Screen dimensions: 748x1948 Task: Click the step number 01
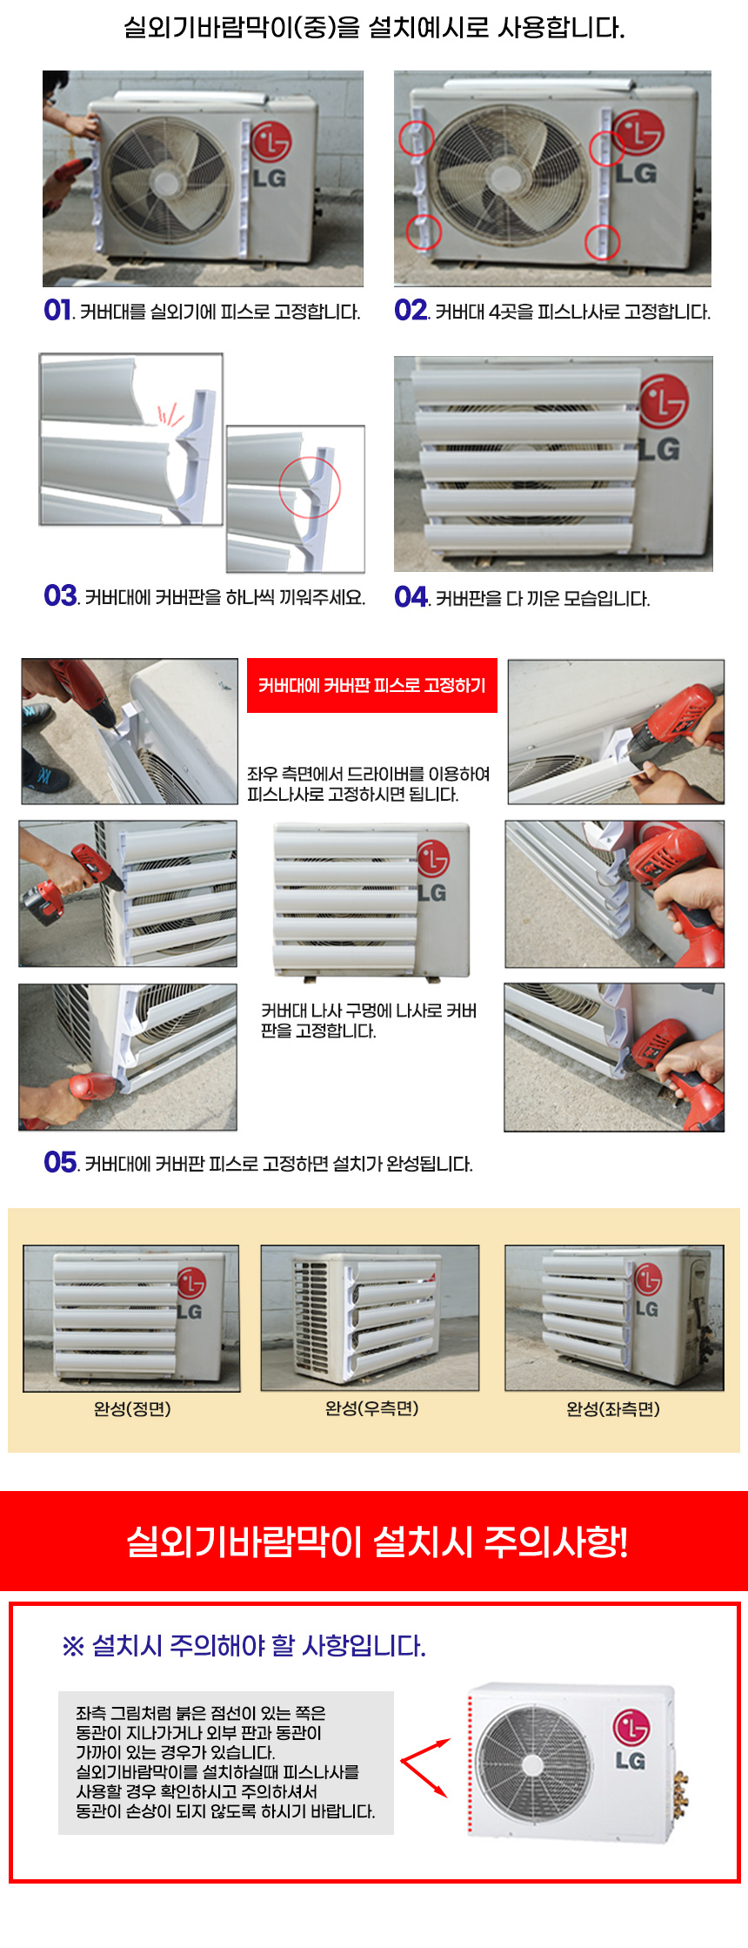click(57, 310)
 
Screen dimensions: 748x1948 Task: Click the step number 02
click(411, 310)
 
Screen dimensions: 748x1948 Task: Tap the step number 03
click(60, 595)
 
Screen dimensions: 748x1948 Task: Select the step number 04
click(411, 596)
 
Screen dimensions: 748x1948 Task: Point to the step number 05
click(60, 1162)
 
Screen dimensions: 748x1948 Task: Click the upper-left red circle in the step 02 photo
click(416, 138)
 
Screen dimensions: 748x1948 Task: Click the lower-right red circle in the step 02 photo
click(602, 241)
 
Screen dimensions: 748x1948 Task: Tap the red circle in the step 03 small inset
click(310, 487)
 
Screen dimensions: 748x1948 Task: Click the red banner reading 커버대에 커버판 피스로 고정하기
click(372, 686)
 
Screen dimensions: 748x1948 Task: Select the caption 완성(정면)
click(132, 1408)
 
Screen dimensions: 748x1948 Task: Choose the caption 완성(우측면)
click(372, 1407)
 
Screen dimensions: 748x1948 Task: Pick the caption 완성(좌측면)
click(613, 1408)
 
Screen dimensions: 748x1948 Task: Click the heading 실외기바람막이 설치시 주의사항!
click(377, 1542)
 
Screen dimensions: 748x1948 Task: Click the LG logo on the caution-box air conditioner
click(631, 1741)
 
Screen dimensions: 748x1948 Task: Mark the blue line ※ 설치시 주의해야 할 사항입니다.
click(244, 1645)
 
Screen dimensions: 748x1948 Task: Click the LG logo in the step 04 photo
click(663, 418)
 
